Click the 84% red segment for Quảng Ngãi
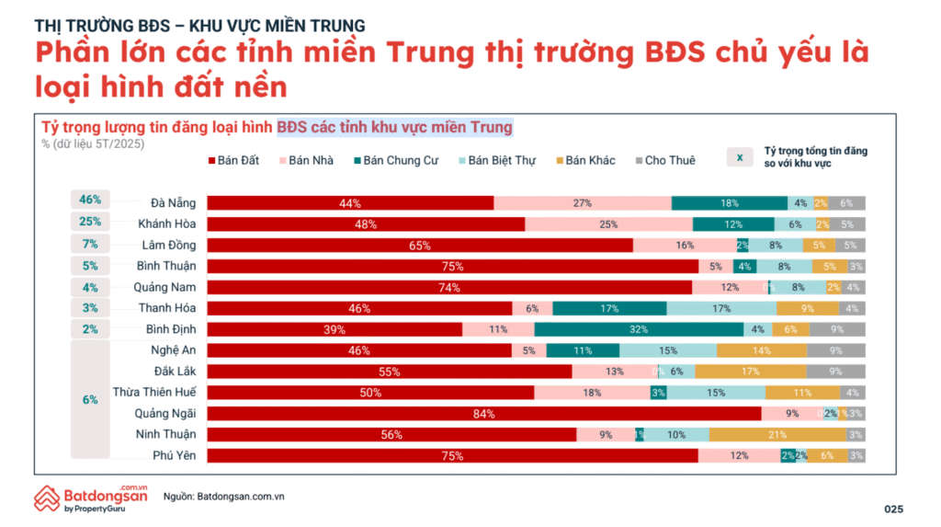[483, 414]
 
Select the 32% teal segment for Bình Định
[639, 329]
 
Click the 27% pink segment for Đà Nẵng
[582, 203]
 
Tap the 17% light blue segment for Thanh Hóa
[720, 308]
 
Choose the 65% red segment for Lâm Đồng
[420, 246]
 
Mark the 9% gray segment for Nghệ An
[835, 350]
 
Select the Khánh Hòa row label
[166, 223]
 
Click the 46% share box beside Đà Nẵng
[89, 200]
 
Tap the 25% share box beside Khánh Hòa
[89, 222]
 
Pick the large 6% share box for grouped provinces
[89, 400]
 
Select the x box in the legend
[739, 156]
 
